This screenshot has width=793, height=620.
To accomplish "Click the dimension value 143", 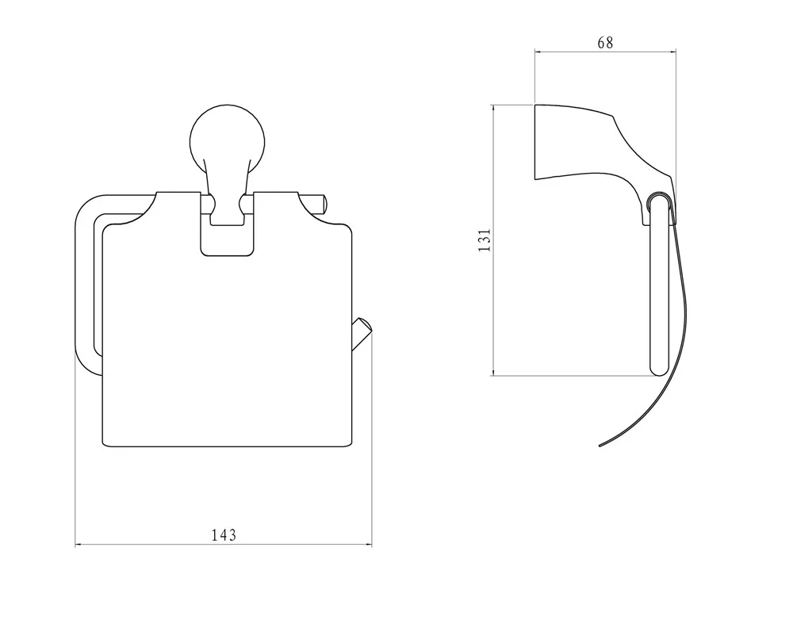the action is point(224,534).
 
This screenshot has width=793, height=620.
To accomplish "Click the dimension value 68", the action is point(605,43).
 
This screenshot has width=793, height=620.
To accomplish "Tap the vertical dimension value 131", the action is point(485,240).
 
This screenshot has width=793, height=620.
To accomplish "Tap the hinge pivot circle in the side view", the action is point(658,201).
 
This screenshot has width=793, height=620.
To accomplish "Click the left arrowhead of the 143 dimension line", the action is point(79,545).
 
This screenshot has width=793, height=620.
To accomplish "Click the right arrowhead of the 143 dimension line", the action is point(368,545).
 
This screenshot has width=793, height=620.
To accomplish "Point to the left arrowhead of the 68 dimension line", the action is point(538,51).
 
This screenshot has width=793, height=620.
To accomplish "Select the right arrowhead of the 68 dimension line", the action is point(672,51).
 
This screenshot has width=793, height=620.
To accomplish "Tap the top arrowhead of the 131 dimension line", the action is point(493,109).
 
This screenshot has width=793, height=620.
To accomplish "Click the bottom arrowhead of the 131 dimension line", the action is point(493,371).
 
